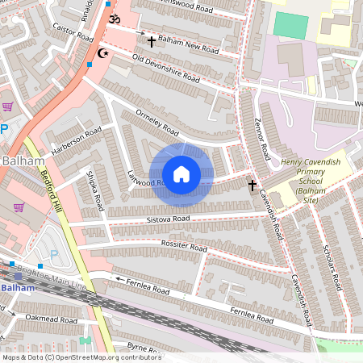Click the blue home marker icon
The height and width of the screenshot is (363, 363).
(181, 174)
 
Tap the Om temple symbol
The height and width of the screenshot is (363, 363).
(114, 19)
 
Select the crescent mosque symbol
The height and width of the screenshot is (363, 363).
(102, 54)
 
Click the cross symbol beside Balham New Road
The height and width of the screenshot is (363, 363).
(151, 40)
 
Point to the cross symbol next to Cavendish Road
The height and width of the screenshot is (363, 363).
(252, 186)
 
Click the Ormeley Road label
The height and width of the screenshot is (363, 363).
(156, 121)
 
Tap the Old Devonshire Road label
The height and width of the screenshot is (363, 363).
(165, 69)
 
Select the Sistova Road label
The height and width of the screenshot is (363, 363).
(169, 219)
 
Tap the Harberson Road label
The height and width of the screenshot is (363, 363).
(77, 139)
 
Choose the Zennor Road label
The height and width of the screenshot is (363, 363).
(261, 139)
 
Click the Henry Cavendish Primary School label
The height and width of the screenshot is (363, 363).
(312, 178)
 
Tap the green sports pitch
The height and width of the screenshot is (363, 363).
(290, 25)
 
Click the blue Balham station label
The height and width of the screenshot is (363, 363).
(18, 287)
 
